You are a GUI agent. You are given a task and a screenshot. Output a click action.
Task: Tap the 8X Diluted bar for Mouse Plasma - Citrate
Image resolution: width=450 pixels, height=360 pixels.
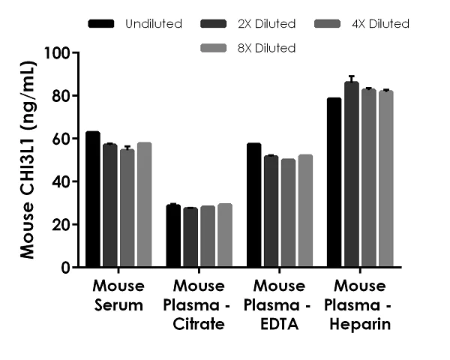point(225,235)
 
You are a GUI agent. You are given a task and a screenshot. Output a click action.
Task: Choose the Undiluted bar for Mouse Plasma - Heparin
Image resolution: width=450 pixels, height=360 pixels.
point(334,183)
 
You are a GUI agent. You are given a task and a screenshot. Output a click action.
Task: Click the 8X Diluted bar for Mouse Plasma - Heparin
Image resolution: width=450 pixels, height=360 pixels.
point(386,179)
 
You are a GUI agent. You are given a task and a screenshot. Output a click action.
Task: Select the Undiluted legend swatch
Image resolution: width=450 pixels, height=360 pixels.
point(101,24)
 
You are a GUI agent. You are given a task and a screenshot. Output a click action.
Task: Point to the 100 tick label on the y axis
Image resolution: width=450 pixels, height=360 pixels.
point(57,54)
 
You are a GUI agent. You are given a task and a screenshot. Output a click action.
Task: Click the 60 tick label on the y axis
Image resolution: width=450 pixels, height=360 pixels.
point(61,139)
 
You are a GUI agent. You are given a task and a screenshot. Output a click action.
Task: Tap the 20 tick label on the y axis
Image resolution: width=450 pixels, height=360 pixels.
point(61,225)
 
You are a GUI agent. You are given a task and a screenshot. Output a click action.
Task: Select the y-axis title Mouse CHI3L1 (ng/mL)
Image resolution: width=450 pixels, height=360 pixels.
point(28,160)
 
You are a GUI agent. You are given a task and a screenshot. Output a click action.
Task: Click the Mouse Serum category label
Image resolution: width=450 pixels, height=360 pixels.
point(118,296)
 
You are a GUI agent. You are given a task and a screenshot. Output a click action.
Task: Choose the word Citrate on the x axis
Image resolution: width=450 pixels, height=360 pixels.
point(199,325)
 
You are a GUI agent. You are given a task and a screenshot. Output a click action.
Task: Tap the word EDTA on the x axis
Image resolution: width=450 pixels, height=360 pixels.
point(279,325)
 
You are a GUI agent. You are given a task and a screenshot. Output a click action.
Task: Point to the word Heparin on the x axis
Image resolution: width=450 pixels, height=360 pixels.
point(360,325)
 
